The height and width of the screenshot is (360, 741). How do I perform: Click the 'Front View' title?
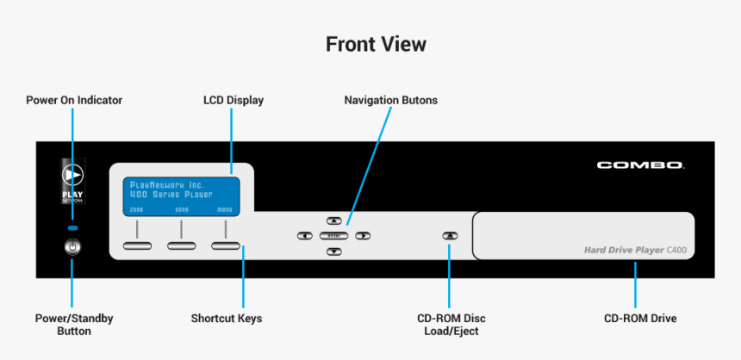(x=376, y=44)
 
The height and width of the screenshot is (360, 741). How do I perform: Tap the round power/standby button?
(x=72, y=247)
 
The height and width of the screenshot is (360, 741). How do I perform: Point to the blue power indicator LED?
(x=72, y=227)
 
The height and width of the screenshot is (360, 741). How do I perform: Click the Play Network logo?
(x=72, y=178)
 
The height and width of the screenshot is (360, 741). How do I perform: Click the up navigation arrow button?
(x=334, y=221)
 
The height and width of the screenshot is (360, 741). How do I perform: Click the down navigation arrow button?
(x=334, y=251)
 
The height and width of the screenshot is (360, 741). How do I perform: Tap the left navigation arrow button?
(x=304, y=235)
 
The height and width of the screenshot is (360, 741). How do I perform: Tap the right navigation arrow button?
(x=363, y=235)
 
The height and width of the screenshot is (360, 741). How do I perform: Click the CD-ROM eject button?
(x=449, y=235)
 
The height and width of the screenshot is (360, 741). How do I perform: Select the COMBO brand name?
(x=640, y=164)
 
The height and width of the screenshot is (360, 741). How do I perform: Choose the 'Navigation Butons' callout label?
(x=390, y=100)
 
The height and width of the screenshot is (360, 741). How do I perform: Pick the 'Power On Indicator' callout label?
(x=74, y=100)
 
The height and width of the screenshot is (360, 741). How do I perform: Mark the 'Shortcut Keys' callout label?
(x=227, y=319)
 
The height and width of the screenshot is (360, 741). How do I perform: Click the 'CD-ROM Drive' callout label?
(x=640, y=319)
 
